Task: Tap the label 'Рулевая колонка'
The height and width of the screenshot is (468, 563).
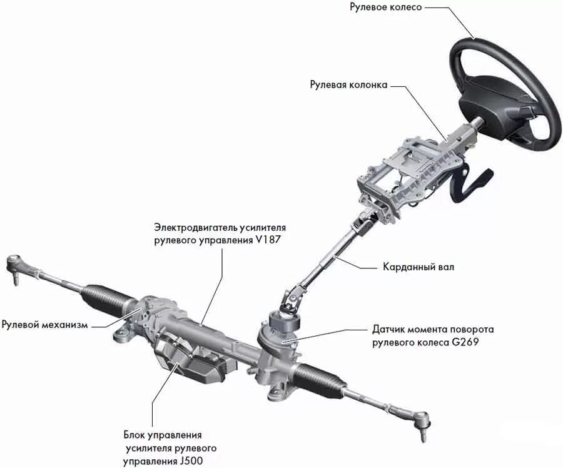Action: [348, 84]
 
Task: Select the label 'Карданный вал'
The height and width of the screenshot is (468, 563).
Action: [418, 267]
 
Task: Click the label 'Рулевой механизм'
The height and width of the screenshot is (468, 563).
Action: [44, 325]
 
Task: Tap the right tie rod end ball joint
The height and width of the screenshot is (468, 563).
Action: [422, 420]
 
